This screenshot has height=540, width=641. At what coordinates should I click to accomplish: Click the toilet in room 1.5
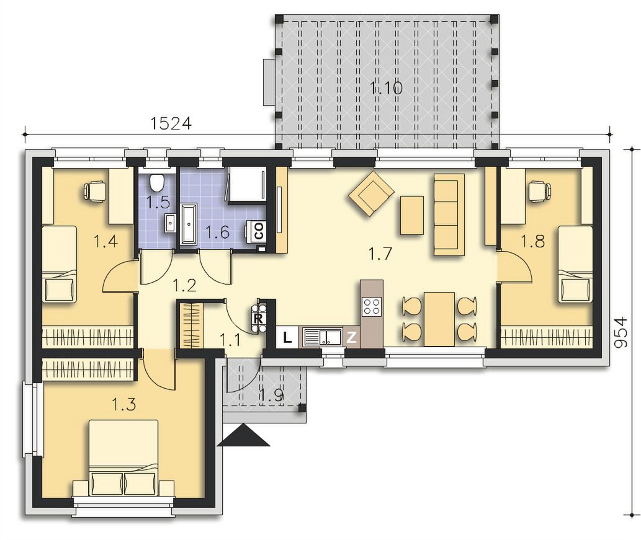pyautogui.click(x=156, y=183)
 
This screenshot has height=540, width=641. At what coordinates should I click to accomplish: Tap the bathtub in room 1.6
pyautogui.click(x=188, y=224)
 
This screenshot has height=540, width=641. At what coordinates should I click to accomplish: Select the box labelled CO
pyautogui.click(x=259, y=231)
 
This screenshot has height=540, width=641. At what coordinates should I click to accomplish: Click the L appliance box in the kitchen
pyautogui.click(x=288, y=338)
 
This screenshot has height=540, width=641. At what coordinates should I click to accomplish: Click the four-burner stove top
pyautogui.click(x=372, y=306)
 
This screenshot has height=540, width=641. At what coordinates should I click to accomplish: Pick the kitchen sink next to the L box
pyautogui.click(x=323, y=337)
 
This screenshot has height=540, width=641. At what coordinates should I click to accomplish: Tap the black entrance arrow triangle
pyautogui.click(x=244, y=435)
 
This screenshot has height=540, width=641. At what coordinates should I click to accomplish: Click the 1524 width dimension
pyautogui.click(x=171, y=123)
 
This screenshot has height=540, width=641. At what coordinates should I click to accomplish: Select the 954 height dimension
pyautogui.click(x=621, y=332)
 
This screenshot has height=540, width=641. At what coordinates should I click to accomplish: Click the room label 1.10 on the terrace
pyautogui.click(x=386, y=88)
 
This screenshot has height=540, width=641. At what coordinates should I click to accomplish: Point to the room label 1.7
pyautogui.click(x=380, y=254)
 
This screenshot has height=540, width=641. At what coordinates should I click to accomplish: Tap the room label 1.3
pyautogui.click(x=124, y=404)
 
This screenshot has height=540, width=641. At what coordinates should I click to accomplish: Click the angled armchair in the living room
pyautogui.click(x=371, y=193)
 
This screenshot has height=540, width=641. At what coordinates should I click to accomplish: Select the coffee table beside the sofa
pyautogui.click(x=411, y=215)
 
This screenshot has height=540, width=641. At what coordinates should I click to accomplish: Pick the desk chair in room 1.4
pyautogui.click(x=95, y=191)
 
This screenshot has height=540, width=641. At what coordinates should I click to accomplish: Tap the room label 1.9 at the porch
pyautogui.click(x=272, y=394)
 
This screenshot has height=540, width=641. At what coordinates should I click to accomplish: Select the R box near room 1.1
pyautogui.click(x=258, y=318)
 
